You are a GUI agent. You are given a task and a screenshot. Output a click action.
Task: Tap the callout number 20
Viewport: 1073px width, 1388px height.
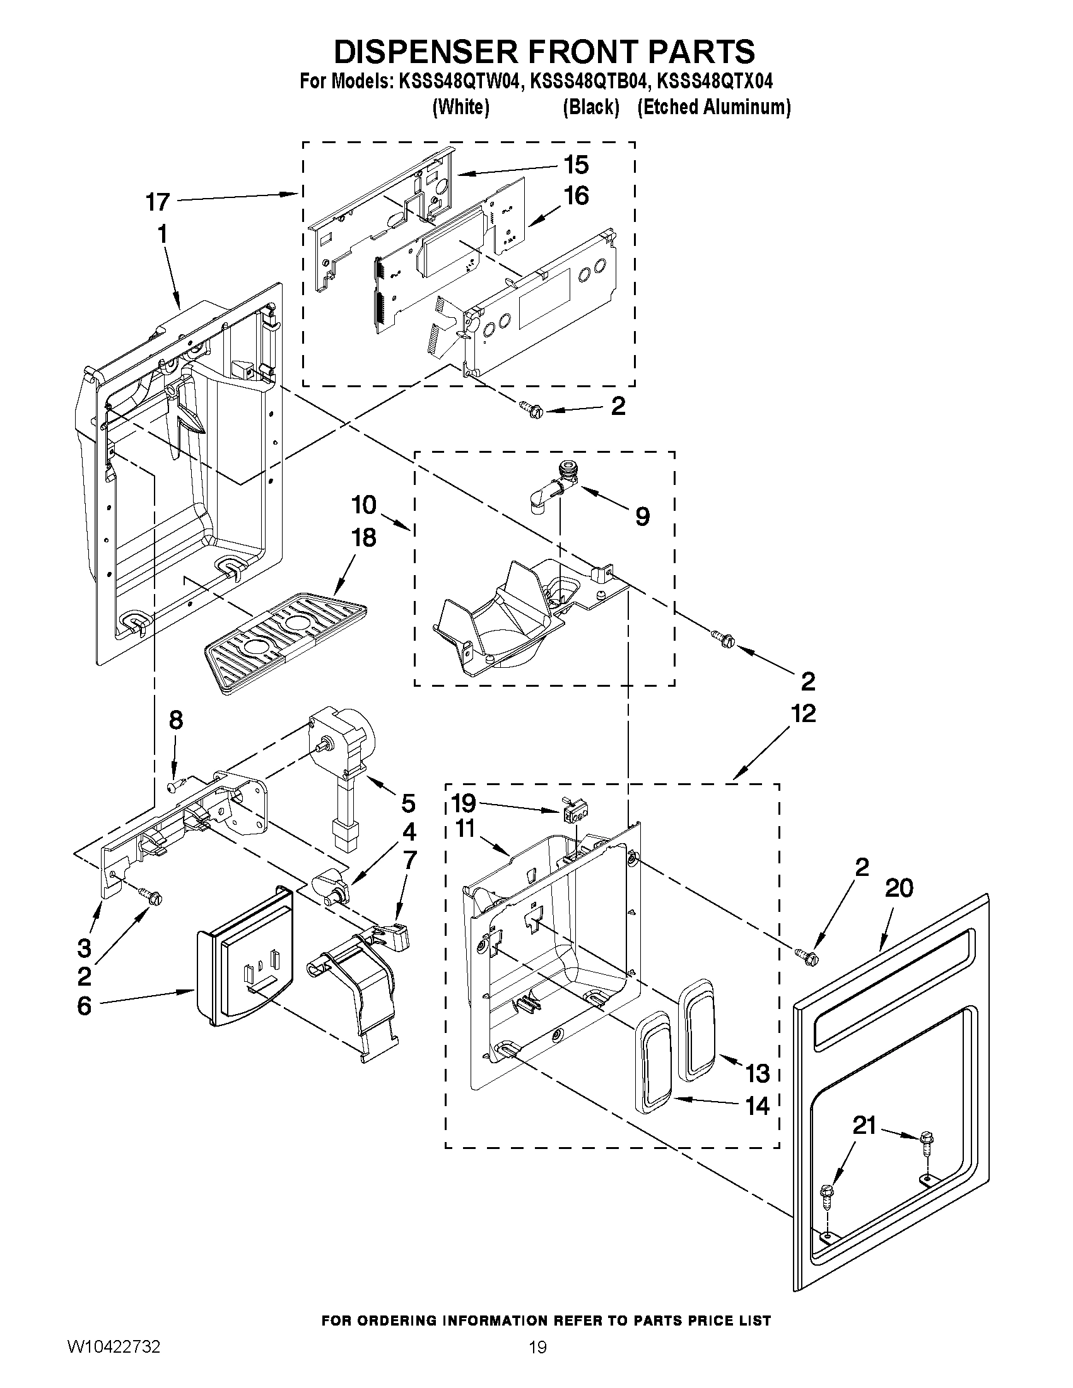899,888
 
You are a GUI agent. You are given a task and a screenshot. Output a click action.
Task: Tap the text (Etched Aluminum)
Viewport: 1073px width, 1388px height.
714,107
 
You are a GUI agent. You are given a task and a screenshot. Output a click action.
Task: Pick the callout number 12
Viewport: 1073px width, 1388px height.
804,713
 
